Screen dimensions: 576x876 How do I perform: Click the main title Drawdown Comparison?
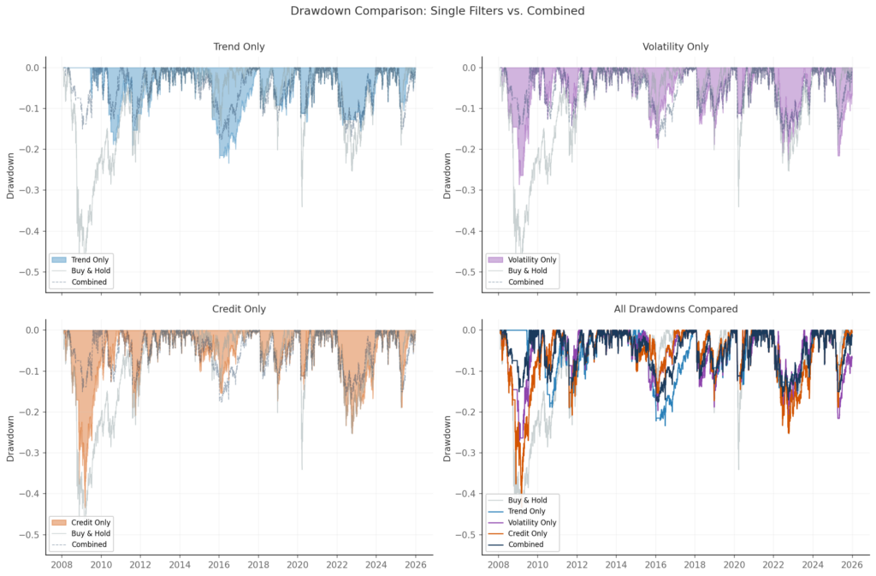point(437,11)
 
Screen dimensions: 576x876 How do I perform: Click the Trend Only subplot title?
point(239,47)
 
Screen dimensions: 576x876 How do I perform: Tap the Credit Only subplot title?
point(239,309)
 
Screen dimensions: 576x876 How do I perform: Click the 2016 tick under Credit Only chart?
point(219,565)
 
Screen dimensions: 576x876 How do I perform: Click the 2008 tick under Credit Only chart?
point(62,565)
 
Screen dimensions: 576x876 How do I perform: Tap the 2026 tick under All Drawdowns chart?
point(852,565)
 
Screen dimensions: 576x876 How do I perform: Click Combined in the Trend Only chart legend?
point(89,282)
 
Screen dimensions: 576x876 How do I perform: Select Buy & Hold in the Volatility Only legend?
point(526,270)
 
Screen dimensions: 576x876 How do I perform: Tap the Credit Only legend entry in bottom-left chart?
point(91,522)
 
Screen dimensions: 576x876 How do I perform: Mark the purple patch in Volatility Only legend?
point(494,259)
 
